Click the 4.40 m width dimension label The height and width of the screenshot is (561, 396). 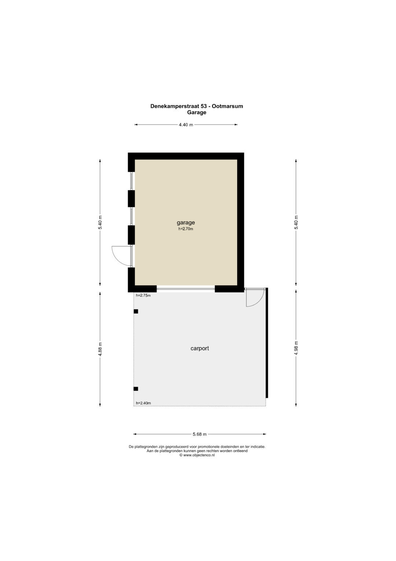click(x=186, y=125)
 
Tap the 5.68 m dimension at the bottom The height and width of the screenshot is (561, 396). click(x=199, y=434)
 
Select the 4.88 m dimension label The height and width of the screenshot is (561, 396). click(x=100, y=349)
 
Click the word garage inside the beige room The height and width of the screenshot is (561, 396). click(x=186, y=222)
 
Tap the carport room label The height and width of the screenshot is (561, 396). click(x=199, y=348)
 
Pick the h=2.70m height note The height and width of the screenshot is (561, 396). click(x=186, y=229)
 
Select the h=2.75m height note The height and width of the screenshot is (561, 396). click(x=143, y=295)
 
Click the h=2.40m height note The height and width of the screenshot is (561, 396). click(x=143, y=403)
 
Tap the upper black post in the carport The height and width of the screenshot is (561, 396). click(x=136, y=311)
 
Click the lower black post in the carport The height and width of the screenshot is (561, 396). click(x=136, y=389)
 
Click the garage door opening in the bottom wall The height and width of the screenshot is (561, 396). click(x=186, y=289)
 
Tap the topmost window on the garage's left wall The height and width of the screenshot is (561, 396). click(x=131, y=181)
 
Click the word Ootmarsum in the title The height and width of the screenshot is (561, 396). click(x=227, y=106)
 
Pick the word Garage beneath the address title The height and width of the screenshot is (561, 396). click(x=197, y=112)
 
